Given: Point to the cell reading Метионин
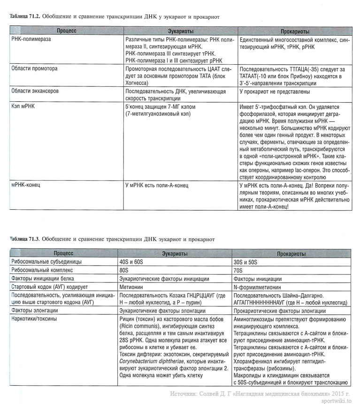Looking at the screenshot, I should coord(134,287).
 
